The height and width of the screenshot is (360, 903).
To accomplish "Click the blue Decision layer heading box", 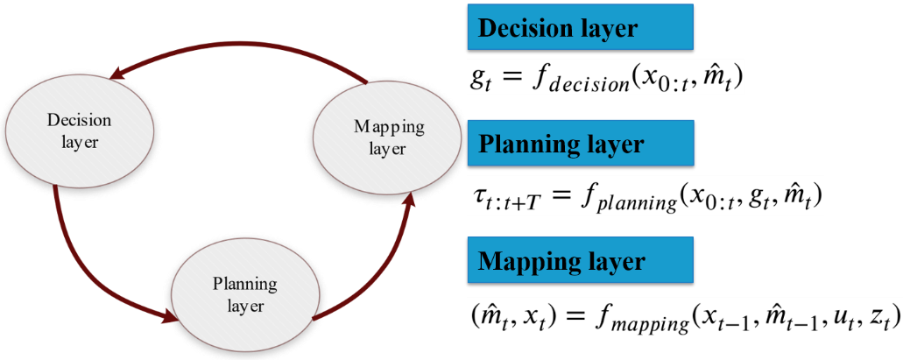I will click(580, 29).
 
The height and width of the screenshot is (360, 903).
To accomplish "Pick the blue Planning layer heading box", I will click(580, 144).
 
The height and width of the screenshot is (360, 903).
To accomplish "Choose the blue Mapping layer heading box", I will click(580, 260).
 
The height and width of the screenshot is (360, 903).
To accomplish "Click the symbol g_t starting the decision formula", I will click(480, 81).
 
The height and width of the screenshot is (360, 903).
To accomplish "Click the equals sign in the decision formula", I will click(511, 79).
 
